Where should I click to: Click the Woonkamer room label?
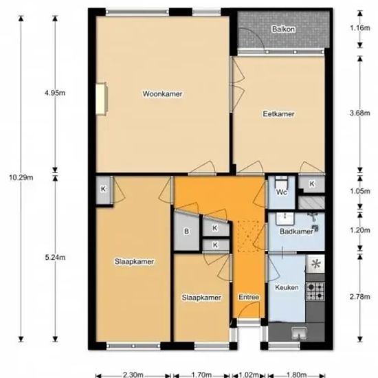162,93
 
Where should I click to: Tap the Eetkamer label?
278,114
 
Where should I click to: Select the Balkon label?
283,29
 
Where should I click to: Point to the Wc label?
281,192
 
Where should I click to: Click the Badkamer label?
296,232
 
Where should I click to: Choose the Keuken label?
287,287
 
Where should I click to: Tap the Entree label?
249,297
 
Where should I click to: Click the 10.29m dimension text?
21,178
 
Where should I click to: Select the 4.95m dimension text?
55,93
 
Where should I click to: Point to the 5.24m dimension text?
55,258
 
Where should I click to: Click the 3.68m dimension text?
360,113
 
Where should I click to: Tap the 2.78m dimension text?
360,296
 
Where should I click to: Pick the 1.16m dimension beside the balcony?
360,28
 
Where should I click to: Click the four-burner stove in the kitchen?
315,291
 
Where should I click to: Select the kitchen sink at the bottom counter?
299,333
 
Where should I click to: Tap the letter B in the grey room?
186,232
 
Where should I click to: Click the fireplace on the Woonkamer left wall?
102,99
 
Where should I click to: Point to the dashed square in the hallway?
248,236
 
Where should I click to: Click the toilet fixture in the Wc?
281,181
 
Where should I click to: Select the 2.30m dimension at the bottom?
133,375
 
